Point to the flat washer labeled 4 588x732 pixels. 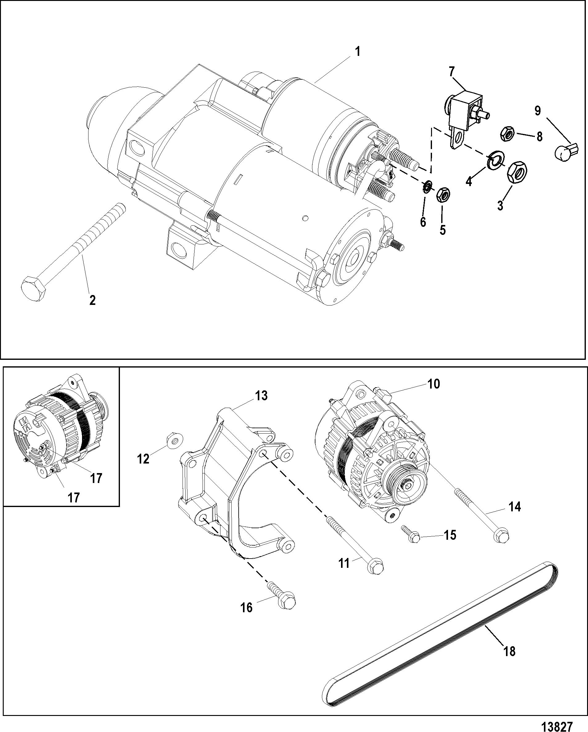point(496,160)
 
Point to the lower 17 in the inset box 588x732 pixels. point(73,497)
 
